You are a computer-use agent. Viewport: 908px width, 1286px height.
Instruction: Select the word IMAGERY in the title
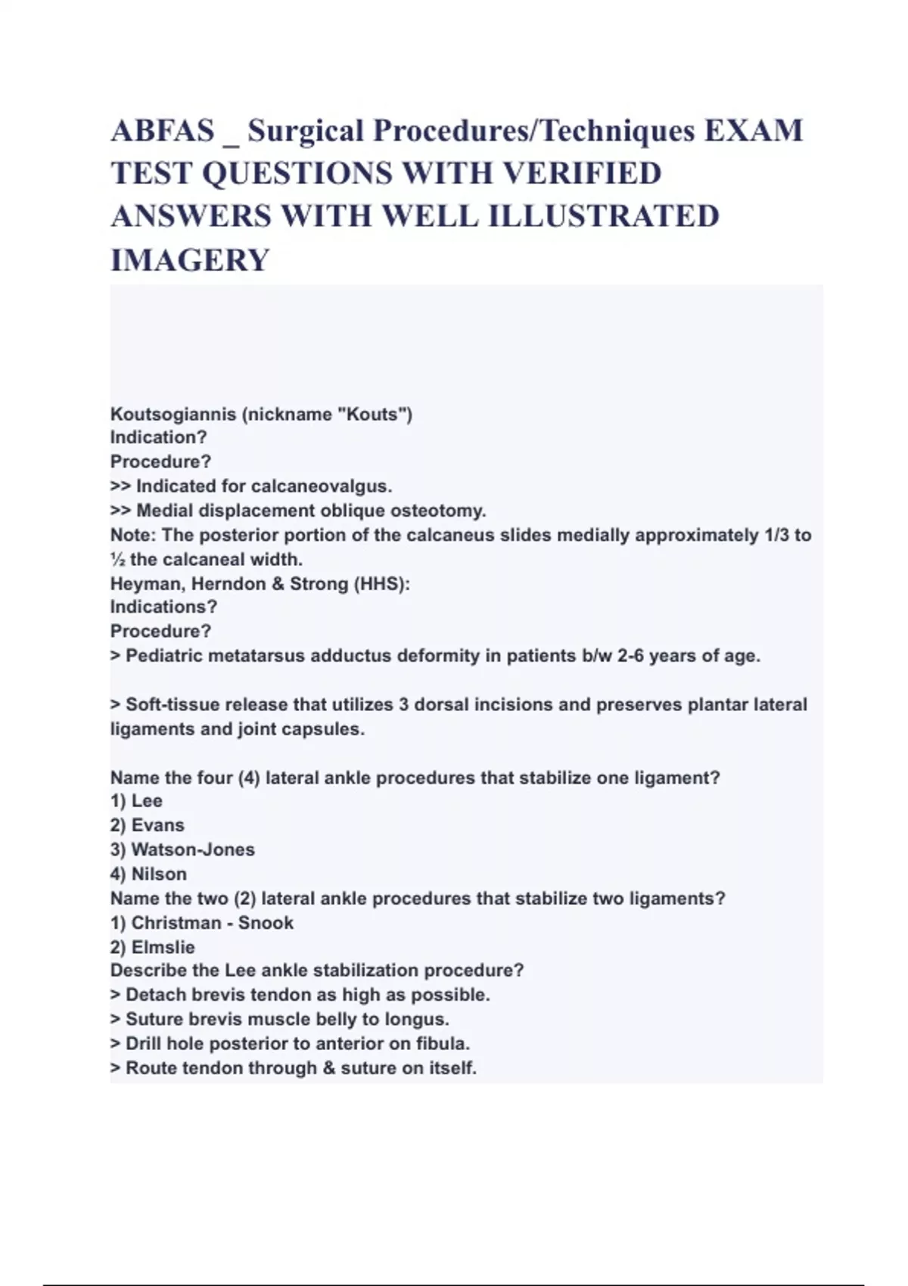[190, 260]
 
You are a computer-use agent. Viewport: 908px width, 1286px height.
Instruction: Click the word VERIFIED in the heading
[582, 174]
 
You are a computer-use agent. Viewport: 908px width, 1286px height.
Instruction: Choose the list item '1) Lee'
[136, 801]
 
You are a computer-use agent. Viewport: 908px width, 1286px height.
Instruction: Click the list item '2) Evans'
[148, 825]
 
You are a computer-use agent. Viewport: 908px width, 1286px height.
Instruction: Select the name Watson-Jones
[193, 850]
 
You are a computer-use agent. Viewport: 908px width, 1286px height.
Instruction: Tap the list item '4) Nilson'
[148, 874]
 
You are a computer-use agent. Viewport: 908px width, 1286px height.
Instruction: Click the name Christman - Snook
[212, 923]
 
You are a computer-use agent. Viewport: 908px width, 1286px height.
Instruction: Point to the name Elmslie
[163, 947]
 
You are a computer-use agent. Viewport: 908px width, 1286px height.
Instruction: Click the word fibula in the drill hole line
[442, 1044]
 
